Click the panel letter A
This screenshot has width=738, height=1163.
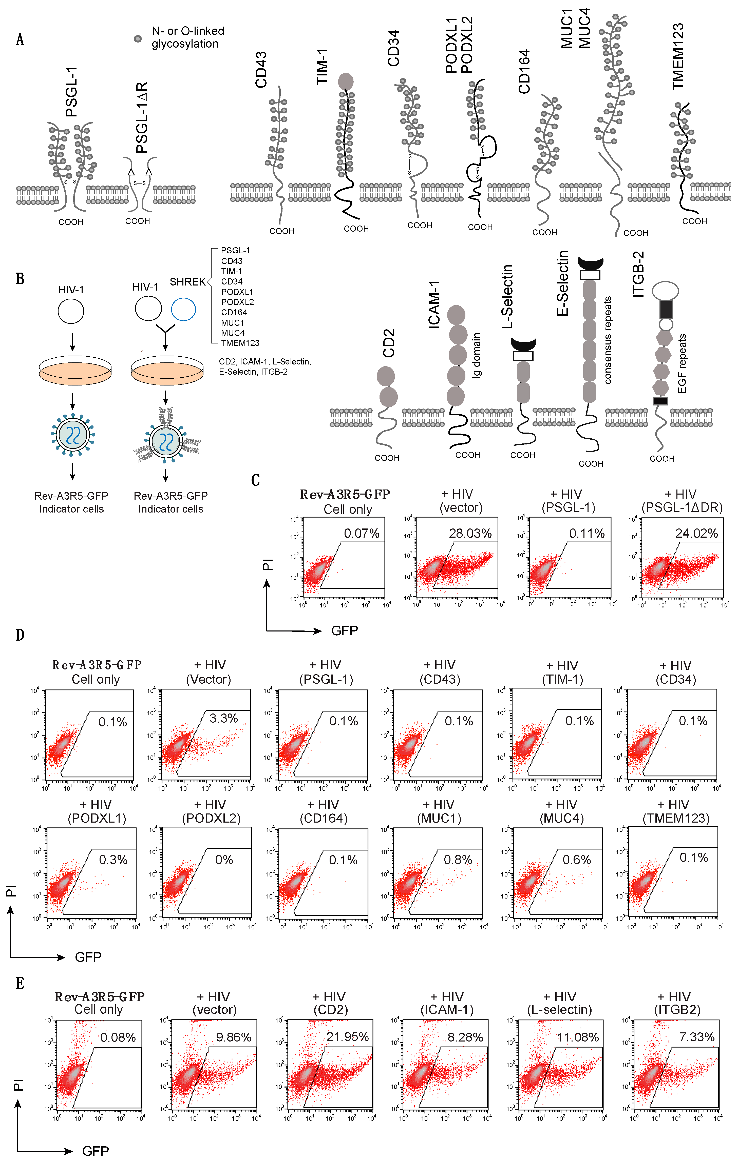pyautogui.click(x=20, y=39)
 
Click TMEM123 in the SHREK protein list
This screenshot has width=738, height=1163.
pyautogui.click(x=240, y=343)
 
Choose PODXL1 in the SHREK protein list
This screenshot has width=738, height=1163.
pyautogui.click(x=237, y=292)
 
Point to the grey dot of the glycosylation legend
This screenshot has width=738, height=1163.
pyautogui.click(x=138, y=39)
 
